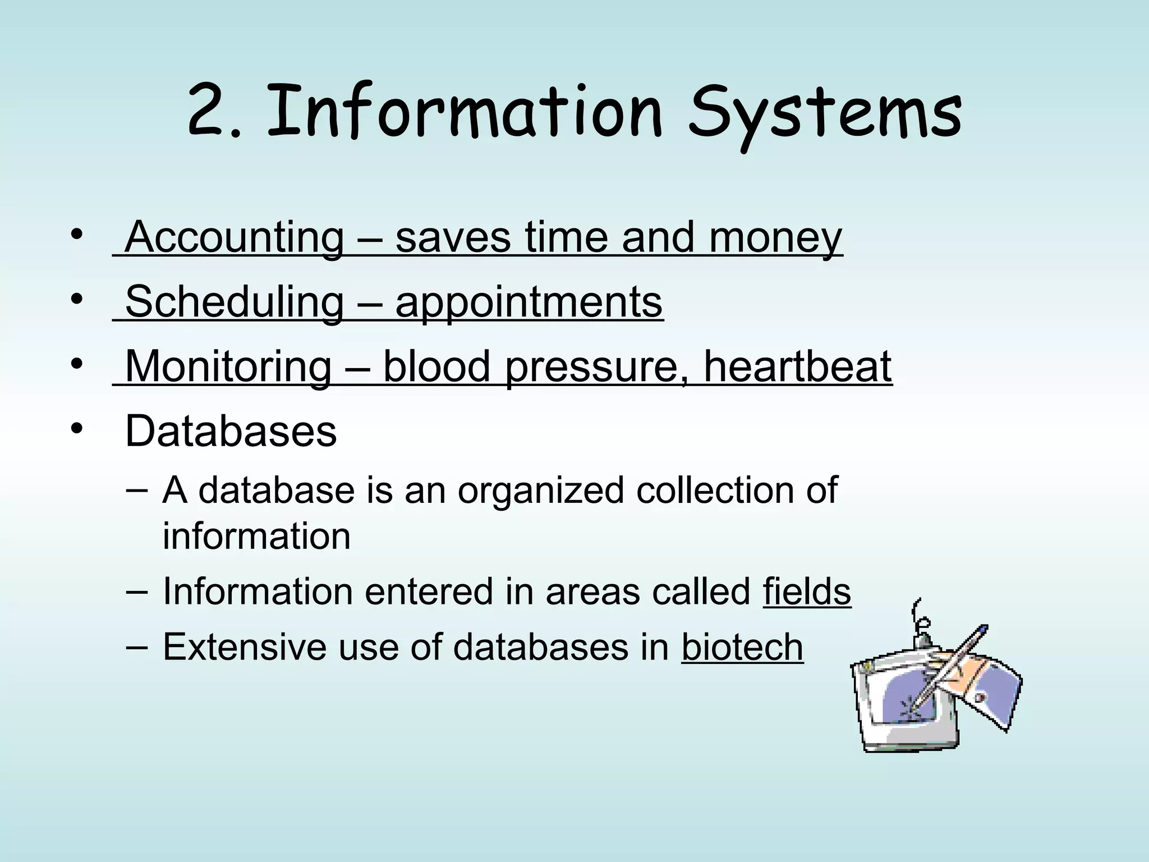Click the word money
(775, 238)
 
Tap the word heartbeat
(797, 367)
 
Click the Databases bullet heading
(231, 432)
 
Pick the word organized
(540, 490)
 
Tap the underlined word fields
(807, 592)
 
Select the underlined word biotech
(742, 647)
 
